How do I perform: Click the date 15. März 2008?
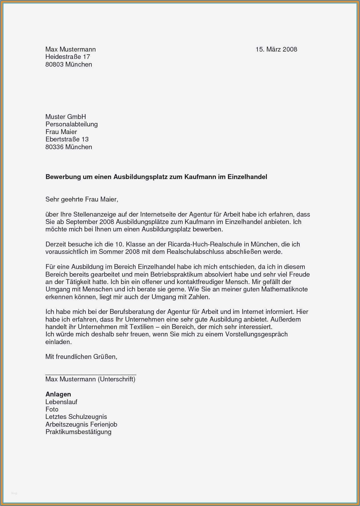276,49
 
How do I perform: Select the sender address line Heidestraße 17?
67,57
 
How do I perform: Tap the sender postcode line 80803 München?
69,64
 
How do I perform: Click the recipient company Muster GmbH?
66,117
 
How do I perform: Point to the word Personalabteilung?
71,124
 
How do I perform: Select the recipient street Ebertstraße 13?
67,139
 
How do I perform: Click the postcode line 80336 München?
69,147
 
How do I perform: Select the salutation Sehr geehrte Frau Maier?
82,199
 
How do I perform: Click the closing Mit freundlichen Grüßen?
81,357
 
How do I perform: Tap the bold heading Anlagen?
58,394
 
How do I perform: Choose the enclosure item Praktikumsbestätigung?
78,432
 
